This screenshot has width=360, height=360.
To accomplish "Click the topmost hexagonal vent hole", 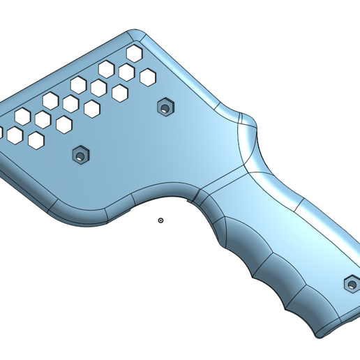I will coord(134,53).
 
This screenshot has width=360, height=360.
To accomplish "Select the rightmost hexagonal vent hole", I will coord(147,77).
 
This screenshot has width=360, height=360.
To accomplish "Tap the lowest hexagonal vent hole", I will coord(36,140).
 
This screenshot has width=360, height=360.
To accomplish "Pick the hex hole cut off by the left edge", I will coord(1,132).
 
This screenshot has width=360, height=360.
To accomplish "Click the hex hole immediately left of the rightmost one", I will coord(126,72).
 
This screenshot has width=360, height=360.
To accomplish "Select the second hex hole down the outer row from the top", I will coord(106,69).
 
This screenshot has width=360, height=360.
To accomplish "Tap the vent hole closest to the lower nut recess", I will coord(64,125).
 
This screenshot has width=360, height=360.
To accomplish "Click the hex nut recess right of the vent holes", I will coord(165,108).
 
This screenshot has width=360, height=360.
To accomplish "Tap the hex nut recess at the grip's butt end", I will coord(352,284).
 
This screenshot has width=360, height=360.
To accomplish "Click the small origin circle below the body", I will coord(161,220).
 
